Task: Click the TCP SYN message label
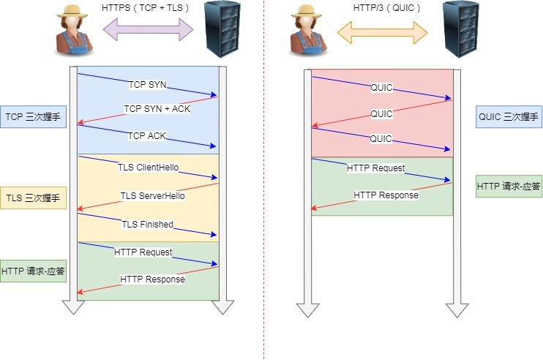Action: (x=148, y=85)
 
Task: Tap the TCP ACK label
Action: (x=148, y=135)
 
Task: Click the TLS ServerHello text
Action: (x=152, y=196)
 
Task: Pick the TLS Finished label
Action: (x=147, y=224)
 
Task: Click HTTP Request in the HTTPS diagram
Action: (x=143, y=252)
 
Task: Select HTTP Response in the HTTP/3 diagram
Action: (x=386, y=195)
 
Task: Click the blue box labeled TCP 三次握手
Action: (x=33, y=116)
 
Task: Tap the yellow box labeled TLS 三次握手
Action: (x=33, y=198)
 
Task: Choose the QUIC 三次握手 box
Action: (x=508, y=116)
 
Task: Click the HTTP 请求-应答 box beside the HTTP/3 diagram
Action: (x=508, y=187)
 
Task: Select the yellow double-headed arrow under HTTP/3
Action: (x=381, y=30)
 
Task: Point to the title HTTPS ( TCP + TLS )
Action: (x=146, y=7)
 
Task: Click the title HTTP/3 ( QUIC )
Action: (x=381, y=7)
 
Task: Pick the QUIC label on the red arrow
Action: (x=381, y=114)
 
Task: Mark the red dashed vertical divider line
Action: (x=264, y=220)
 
